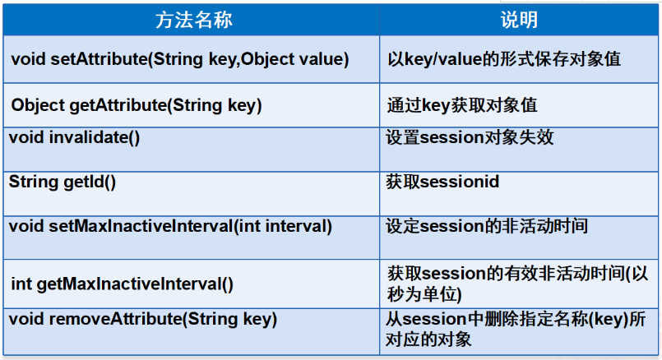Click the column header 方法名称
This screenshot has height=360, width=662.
point(194,20)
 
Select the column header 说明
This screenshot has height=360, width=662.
point(519,20)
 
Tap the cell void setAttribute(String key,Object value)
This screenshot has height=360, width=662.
point(180,59)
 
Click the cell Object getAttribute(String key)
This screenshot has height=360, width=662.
point(137,105)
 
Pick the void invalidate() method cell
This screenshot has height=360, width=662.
point(74,138)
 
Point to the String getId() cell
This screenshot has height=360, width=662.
point(62,182)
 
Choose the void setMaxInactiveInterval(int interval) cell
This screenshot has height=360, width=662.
point(170,227)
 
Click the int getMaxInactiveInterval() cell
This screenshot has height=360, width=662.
point(122,284)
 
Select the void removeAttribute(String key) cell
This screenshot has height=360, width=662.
point(143,319)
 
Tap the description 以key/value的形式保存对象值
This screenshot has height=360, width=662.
point(504,59)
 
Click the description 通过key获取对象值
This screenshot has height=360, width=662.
point(462,105)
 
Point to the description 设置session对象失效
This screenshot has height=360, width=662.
point(470,137)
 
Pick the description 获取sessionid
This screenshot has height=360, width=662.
point(442,182)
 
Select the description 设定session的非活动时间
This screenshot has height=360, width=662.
point(487,226)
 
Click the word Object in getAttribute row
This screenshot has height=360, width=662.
point(38,105)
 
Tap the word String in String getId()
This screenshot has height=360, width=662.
point(34,182)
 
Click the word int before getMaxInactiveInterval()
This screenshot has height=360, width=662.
point(21,284)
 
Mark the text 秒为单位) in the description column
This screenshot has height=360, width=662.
point(424,294)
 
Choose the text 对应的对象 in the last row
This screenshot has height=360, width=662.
point(428,339)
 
